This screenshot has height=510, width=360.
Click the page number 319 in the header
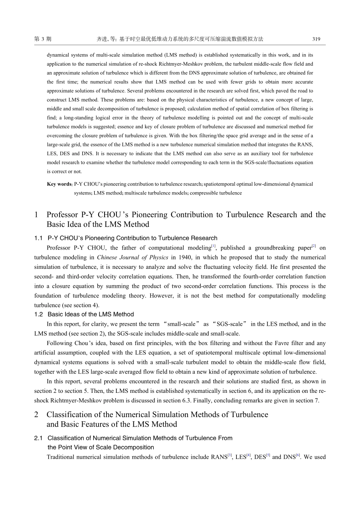316,39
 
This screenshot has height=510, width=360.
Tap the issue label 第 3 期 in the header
43,39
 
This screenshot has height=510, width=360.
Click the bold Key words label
59,184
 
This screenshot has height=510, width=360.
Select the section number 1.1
38,238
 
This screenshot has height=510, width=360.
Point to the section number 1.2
38,314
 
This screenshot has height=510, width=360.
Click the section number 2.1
38,438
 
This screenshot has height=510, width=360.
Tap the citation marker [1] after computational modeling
213,246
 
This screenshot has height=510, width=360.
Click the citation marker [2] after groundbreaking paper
313,246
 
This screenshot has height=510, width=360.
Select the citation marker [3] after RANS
230,455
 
